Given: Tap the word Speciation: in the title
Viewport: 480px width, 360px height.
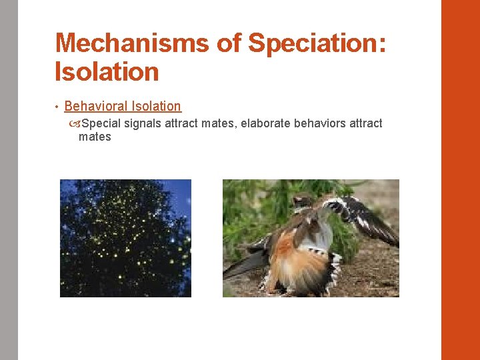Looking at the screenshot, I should pyautogui.click(x=316, y=44).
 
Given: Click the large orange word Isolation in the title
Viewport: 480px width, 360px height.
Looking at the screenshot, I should pyautogui.click(x=107, y=72).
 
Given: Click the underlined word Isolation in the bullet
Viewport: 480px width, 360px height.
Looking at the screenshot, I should pyautogui.click(x=157, y=106).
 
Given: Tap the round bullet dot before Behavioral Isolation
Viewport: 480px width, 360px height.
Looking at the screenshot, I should pyautogui.click(x=58, y=107).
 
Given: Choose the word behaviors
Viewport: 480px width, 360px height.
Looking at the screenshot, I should pyautogui.click(x=319, y=123).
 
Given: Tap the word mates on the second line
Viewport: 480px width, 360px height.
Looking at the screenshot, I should pyautogui.click(x=95, y=137).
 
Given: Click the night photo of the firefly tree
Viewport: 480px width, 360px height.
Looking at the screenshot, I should pyautogui.click(x=125, y=238).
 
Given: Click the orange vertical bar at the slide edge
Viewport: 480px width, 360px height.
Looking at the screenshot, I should pyautogui.click(x=460, y=180).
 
